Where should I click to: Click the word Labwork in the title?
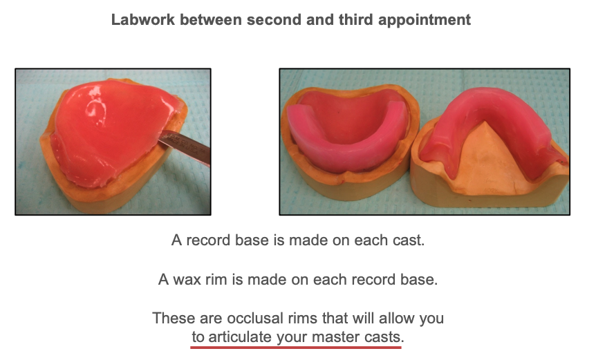143,19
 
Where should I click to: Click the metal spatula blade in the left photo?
185,146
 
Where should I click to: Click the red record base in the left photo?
110,129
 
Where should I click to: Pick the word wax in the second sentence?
187,279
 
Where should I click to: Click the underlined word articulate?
240,337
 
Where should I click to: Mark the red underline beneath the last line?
296,347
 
